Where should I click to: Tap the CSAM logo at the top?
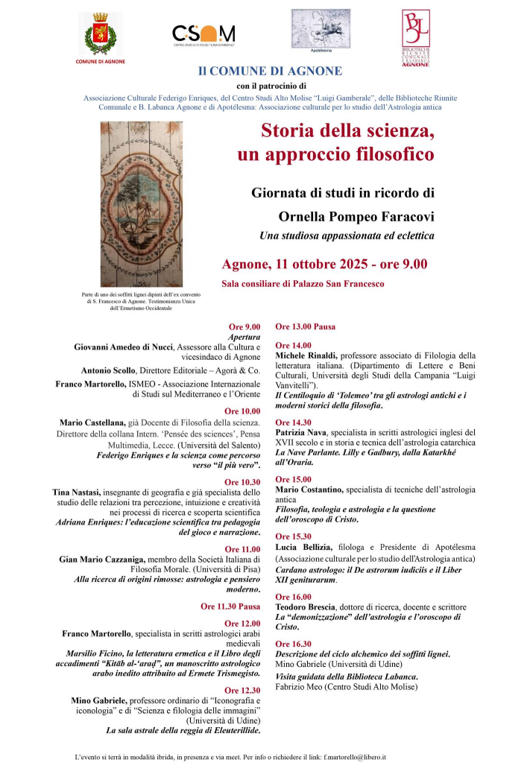click(203, 34)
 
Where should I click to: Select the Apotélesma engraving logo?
click(320, 28)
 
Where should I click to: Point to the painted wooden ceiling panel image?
click(142, 203)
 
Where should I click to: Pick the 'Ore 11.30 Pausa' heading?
click(230, 606)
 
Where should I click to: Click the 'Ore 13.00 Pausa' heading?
click(305, 326)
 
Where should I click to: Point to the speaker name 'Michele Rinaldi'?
click(306, 355)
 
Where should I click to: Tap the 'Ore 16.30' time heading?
click(293, 643)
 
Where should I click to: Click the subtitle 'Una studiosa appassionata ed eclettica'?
click(347, 236)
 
